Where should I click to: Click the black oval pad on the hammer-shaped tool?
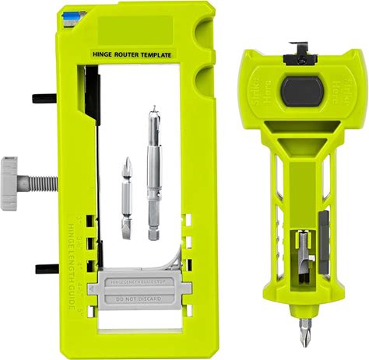pos(300,91)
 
